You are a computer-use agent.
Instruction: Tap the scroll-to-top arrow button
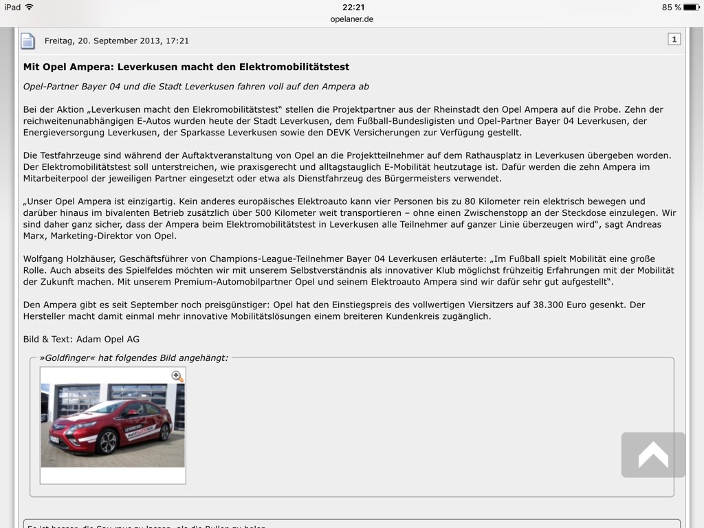(653, 454)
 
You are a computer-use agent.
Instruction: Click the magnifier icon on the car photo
(177, 376)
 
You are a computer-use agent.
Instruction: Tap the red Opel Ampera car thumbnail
(113, 424)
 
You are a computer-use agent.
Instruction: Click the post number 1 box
(674, 39)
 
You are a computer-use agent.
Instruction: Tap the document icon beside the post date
(27, 41)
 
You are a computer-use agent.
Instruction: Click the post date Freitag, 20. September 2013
(116, 41)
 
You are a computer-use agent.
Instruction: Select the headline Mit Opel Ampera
(186, 67)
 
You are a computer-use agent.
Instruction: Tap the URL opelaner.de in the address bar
(351, 19)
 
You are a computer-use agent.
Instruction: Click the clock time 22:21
(353, 7)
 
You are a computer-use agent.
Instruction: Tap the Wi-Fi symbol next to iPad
(29, 7)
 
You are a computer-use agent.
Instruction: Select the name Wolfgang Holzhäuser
(67, 258)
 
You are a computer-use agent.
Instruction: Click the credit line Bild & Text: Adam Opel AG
(81, 339)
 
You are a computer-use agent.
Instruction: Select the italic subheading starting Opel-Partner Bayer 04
(196, 87)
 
